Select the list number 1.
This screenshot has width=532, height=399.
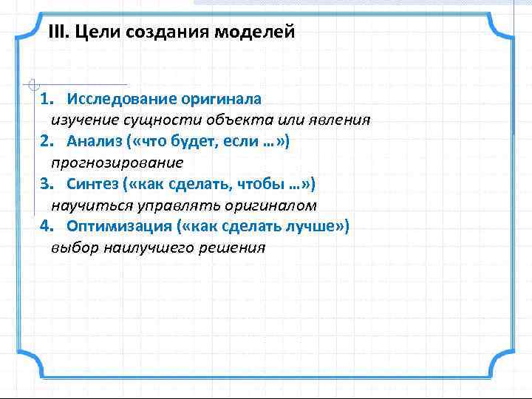(44, 99)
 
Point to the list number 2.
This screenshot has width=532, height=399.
(44, 140)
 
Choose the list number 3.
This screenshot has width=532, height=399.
(44, 183)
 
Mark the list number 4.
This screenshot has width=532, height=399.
(44, 225)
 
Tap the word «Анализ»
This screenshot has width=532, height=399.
(92, 140)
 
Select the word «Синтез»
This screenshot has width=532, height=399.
(92, 183)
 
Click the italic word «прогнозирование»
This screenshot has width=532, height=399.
(117, 162)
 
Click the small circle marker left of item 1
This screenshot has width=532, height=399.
(28, 83)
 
